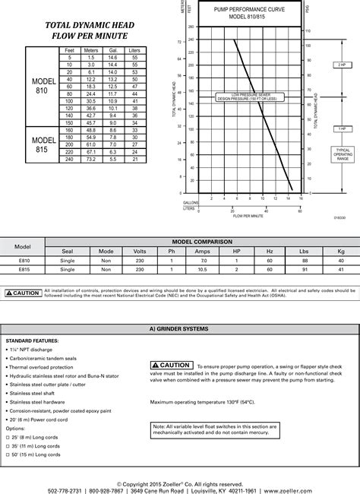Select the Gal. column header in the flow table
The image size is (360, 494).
[x=112, y=49]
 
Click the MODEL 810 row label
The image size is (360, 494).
[x=39, y=86]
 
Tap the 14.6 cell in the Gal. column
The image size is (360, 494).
[x=112, y=58]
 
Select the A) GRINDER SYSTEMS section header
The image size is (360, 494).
[x=180, y=350]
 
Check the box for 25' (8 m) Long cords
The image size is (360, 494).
[x=8, y=439]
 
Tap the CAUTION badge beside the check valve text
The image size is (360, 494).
[x=171, y=366]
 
